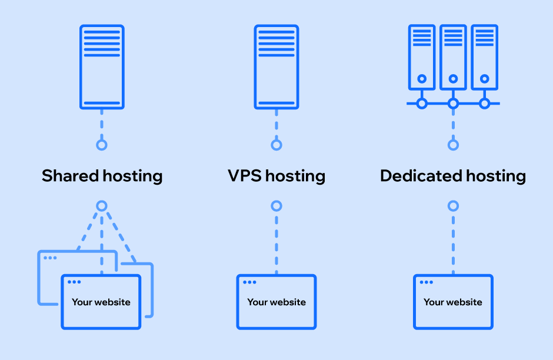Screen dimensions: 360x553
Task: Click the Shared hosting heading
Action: point(102,175)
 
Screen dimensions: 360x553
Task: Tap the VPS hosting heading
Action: point(276,175)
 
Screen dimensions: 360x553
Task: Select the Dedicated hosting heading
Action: point(453,175)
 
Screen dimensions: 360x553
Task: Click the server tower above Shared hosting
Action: point(102,66)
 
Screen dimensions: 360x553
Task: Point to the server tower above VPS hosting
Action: point(276,66)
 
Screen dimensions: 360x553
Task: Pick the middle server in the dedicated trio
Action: point(453,57)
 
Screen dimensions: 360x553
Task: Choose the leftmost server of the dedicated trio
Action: point(422,57)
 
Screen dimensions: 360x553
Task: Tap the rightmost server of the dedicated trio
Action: point(484,57)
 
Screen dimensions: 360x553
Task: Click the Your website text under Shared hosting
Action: point(101,302)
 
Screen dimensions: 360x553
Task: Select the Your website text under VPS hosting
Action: point(276,302)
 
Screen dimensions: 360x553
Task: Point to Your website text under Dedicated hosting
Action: point(453,302)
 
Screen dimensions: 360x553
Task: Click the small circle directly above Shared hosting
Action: point(102,145)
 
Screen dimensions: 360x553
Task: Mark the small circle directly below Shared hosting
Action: point(102,206)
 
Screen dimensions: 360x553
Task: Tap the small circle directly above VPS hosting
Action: point(276,145)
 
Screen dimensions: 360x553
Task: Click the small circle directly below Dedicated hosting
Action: point(453,206)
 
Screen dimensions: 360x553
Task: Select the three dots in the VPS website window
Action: point(249,282)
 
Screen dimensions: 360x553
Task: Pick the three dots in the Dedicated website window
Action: point(426,282)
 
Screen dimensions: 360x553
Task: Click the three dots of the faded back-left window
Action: point(50,258)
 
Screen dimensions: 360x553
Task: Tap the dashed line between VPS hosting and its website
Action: point(276,241)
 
